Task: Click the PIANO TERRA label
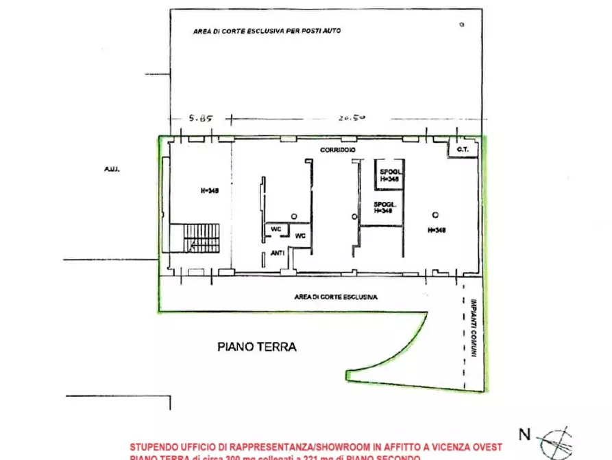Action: coord(257,347)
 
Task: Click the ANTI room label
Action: coord(278,253)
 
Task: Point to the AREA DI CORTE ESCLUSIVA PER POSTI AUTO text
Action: coord(267,31)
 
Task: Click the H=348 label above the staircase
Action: coord(209,192)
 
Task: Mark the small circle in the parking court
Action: coord(461,24)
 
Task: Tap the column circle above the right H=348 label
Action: coord(434,214)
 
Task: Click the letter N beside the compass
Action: coord(524,434)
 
